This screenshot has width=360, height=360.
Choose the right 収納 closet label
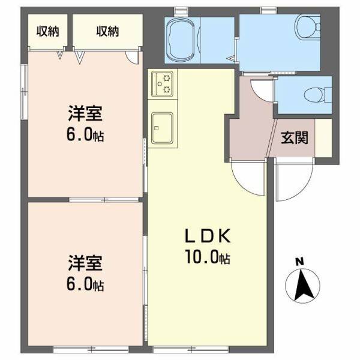click(107, 31)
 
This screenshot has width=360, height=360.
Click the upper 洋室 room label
click(83, 112)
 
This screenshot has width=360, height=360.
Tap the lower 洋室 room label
click(83, 262)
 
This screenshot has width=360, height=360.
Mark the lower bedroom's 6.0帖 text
click(85, 284)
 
